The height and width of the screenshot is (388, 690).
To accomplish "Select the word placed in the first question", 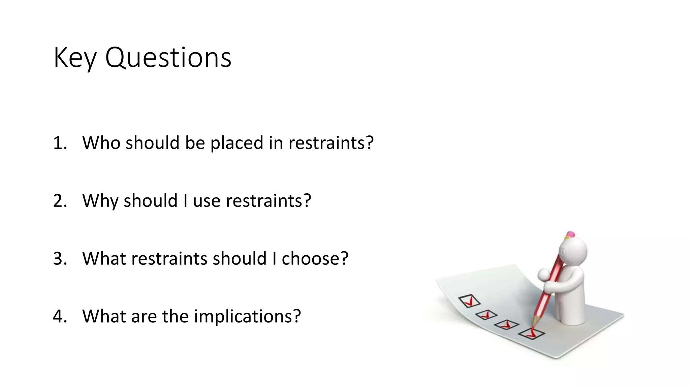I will click(x=237, y=142).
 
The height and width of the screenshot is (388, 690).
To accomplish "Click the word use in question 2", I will click(x=207, y=201).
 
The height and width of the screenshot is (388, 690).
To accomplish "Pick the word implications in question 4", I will click(x=247, y=316).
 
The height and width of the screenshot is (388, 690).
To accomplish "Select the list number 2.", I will click(x=60, y=201).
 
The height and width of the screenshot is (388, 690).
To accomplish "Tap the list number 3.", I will click(x=60, y=259).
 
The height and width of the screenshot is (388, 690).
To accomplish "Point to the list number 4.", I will click(x=60, y=316).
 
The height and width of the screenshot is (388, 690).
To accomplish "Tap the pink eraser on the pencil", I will click(x=570, y=234).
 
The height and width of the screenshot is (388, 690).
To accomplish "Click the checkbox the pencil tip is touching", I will click(x=531, y=333).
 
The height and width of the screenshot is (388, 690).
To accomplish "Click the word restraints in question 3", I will click(x=170, y=259).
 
